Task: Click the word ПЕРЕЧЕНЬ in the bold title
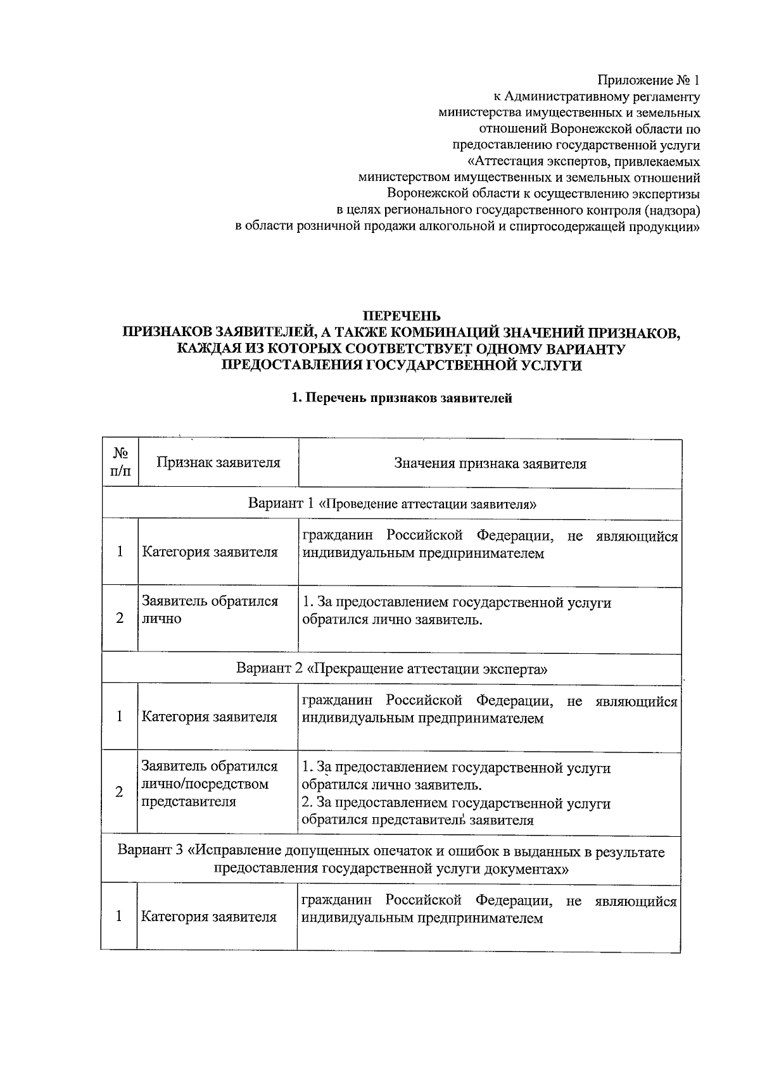[401, 316]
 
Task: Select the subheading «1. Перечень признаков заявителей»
[401, 398]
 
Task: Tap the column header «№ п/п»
[121, 463]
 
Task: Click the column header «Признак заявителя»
[218, 463]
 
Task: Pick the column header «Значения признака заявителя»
[490, 464]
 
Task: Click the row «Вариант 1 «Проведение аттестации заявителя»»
[392, 504]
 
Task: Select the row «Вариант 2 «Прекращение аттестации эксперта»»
[392, 668]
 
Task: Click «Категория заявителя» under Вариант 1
[210, 552]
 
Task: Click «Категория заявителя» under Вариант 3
[209, 917]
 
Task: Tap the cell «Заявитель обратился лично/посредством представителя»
[210, 784]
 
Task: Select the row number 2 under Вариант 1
[120, 618]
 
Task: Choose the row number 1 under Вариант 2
[120, 717]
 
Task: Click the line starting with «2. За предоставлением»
[456, 803]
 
